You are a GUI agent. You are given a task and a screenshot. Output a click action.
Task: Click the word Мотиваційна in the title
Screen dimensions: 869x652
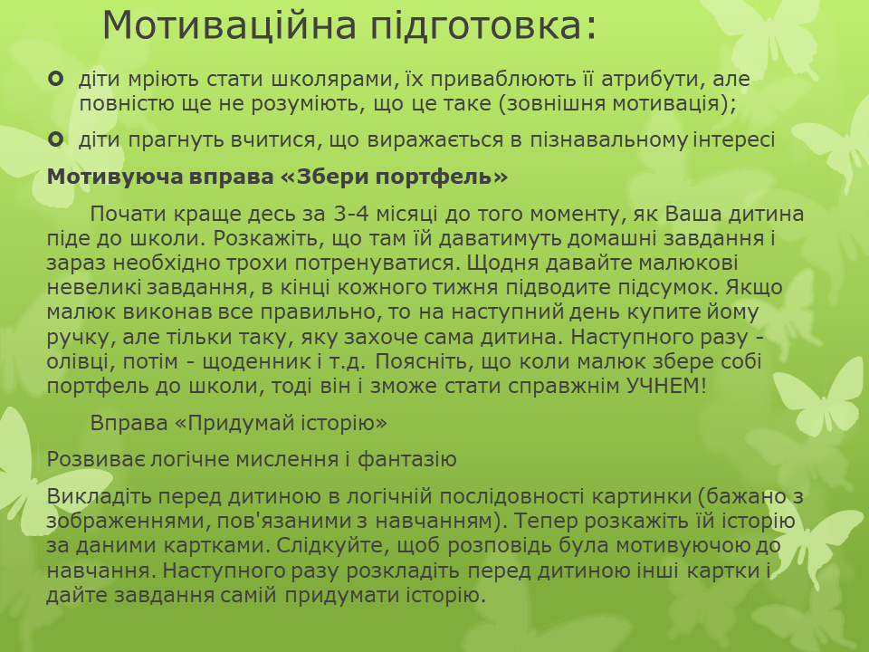[229, 25]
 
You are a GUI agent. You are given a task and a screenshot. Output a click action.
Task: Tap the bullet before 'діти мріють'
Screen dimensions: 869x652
[55, 80]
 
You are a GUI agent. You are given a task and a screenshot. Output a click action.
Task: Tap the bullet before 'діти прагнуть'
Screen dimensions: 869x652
[55, 139]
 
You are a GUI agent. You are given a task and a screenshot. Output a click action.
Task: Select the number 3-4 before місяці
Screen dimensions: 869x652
[351, 214]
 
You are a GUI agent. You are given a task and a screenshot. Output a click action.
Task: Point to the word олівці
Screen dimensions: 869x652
[81, 362]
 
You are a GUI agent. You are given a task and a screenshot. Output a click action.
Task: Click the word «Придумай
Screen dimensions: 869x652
[235, 424]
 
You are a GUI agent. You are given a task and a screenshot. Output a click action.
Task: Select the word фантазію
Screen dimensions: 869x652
[406, 460]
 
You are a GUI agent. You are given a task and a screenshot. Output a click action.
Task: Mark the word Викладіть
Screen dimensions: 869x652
[100, 496]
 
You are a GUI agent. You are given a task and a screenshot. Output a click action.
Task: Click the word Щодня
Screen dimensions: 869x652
[502, 263]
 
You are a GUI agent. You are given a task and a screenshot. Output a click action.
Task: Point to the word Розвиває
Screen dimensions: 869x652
[96, 459]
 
